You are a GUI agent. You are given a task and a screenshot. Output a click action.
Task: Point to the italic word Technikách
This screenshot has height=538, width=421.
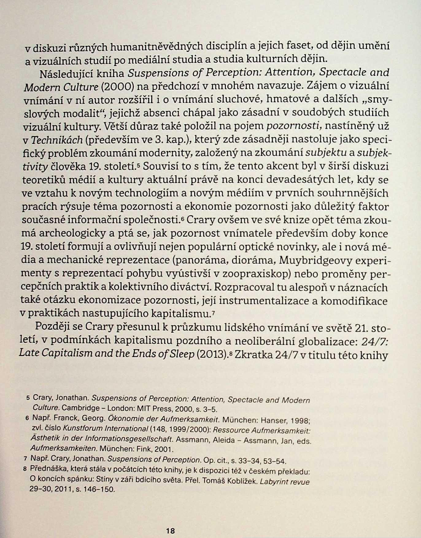(57, 140)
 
